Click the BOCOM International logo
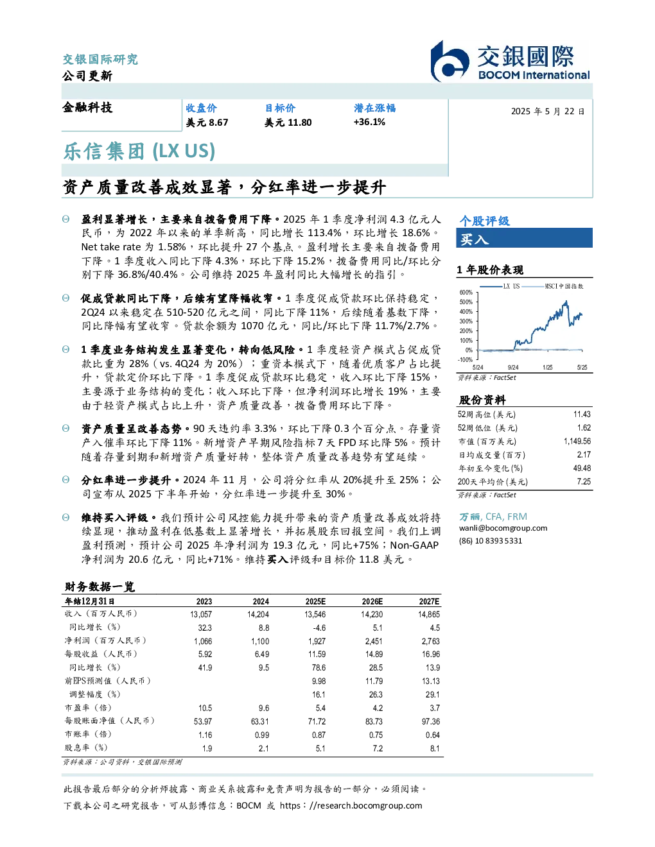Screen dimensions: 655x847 [x=510, y=61]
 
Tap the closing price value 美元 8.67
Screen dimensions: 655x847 [x=207, y=123]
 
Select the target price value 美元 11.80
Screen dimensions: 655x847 [x=288, y=123]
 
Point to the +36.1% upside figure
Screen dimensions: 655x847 [x=369, y=122]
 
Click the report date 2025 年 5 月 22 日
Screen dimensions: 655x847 [x=548, y=112]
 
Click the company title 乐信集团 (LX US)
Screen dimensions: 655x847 [x=139, y=151]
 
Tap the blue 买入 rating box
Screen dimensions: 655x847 [x=524, y=238]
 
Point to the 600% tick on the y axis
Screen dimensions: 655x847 [x=466, y=293]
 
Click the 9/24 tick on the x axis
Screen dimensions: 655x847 [x=513, y=367]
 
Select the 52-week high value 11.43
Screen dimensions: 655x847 [x=582, y=415]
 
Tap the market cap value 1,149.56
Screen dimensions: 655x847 [x=577, y=441]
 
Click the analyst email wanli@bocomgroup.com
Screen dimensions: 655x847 [x=503, y=528]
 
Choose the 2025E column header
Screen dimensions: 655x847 [x=315, y=601]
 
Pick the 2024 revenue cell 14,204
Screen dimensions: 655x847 [x=258, y=615]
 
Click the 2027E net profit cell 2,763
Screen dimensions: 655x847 [x=430, y=641]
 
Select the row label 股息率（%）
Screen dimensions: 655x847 [x=86, y=748]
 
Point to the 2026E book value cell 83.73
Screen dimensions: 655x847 [x=374, y=721]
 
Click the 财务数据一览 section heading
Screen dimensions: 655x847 [x=100, y=586]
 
